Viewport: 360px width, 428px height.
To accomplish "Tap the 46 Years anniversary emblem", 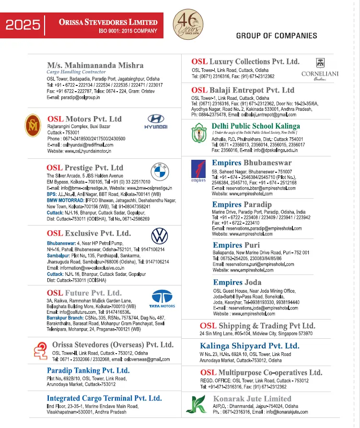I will point(184,23).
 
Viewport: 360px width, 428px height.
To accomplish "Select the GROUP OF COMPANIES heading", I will point(277,36).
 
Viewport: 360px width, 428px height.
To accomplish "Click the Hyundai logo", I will point(156,121).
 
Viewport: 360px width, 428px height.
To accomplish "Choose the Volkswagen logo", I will point(159,236).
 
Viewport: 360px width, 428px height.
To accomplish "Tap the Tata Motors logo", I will point(162,298).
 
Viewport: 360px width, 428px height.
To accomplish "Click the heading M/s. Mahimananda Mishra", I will point(95,65).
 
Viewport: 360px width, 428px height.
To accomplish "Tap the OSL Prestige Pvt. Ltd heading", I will point(85,168).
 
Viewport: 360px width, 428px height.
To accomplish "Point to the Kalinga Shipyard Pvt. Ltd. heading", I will point(249,345).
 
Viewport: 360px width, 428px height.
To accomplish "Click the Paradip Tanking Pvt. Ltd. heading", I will point(88,370).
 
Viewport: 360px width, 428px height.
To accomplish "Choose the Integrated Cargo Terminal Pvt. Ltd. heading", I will point(104,398).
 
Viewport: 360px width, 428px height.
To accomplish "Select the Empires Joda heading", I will point(237,283).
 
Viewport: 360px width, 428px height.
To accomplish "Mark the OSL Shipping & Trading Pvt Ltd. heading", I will point(257,326).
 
